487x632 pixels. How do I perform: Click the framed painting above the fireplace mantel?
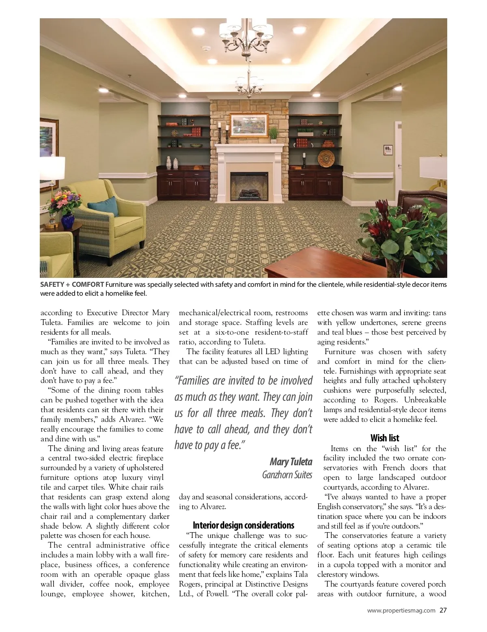(x=249, y=126)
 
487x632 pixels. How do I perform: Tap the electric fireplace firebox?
(x=249, y=185)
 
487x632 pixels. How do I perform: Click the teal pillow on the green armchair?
(x=99, y=202)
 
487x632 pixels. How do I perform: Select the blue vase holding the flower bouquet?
(x=67, y=221)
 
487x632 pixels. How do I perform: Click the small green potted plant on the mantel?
(x=274, y=133)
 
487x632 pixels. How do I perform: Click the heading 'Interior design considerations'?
(x=243, y=525)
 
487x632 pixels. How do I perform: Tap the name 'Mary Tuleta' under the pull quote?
(x=291, y=462)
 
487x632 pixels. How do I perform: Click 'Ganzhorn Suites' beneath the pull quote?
(x=287, y=474)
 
